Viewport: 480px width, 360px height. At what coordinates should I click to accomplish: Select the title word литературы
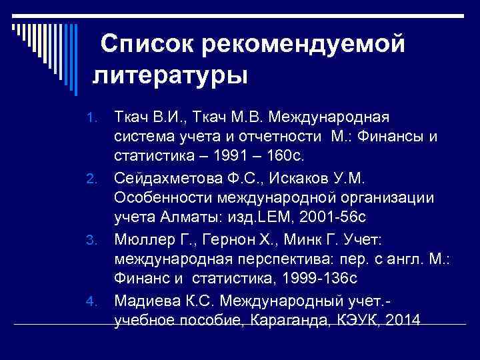point(171,74)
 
